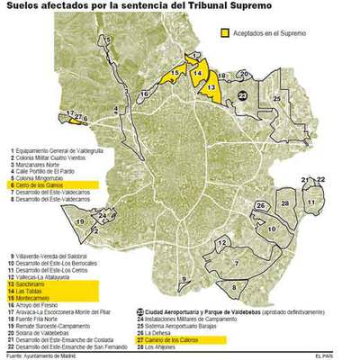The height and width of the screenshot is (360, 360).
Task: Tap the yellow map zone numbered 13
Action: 210,86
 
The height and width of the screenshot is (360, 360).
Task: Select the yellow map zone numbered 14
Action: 196,67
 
